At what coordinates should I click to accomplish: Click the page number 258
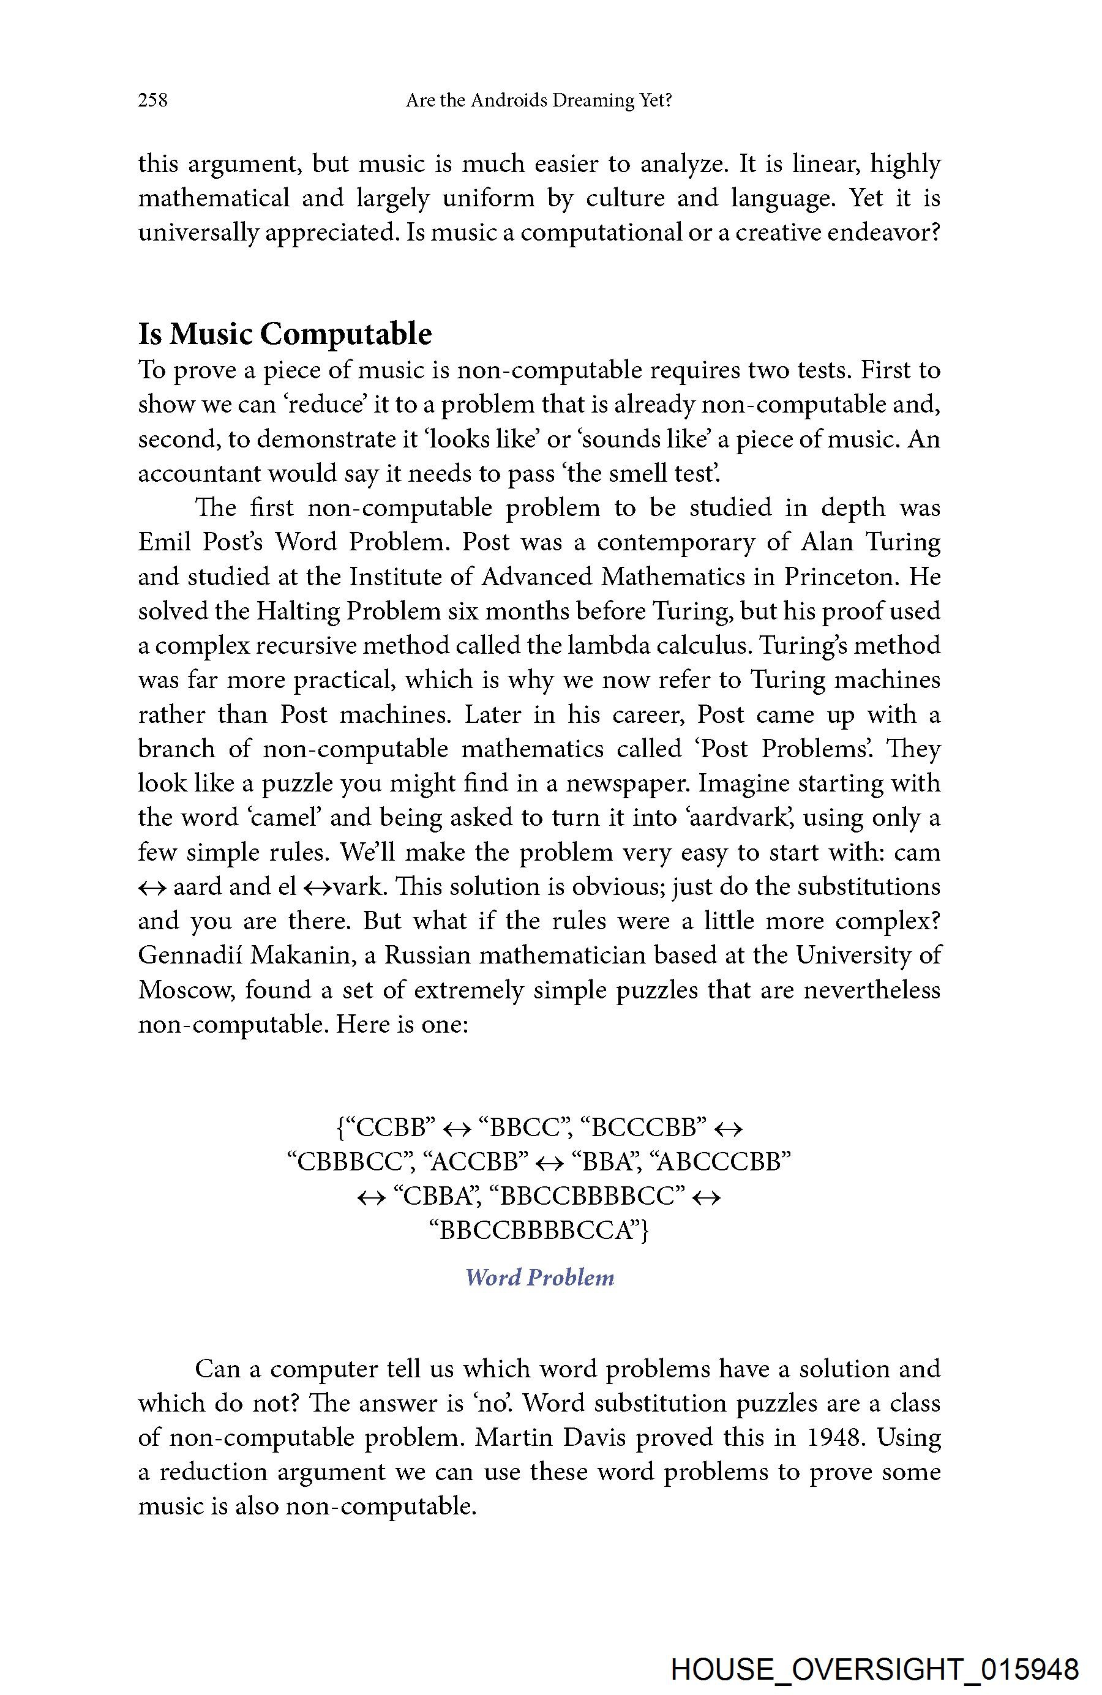click(x=152, y=100)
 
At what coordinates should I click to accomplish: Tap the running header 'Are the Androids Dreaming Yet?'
click(x=539, y=100)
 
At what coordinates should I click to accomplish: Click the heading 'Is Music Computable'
click(x=285, y=333)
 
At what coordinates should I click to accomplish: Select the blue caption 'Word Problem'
click(x=539, y=1277)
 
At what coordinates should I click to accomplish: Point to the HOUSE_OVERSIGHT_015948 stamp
click(x=875, y=1669)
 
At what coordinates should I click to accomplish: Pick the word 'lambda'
click(x=607, y=645)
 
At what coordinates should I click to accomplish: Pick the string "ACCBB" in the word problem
click(x=474, y=1162)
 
